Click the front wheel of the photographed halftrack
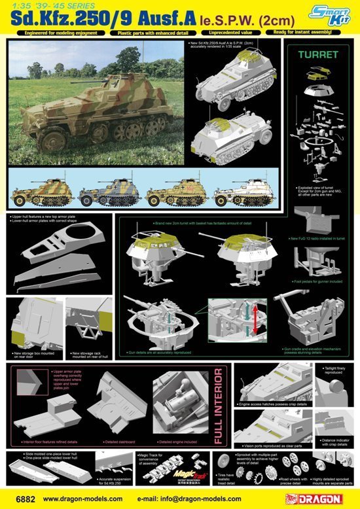[x=50, y=139]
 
